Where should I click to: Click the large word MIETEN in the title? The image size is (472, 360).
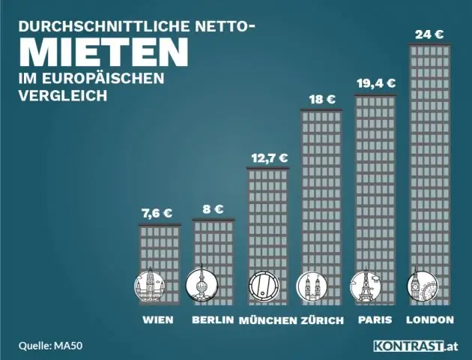(103, 50)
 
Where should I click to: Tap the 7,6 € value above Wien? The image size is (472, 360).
(157, 213)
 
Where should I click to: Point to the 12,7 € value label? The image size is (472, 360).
(267, 157)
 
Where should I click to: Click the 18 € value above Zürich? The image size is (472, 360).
(322, 99)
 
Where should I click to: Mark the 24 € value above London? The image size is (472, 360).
(430, 34)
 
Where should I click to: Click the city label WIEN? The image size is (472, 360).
(157, 320)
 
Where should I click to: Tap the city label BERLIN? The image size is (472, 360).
(213, 320)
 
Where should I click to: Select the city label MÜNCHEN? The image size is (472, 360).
(267, 320)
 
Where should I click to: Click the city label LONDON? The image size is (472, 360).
(430, 320)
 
